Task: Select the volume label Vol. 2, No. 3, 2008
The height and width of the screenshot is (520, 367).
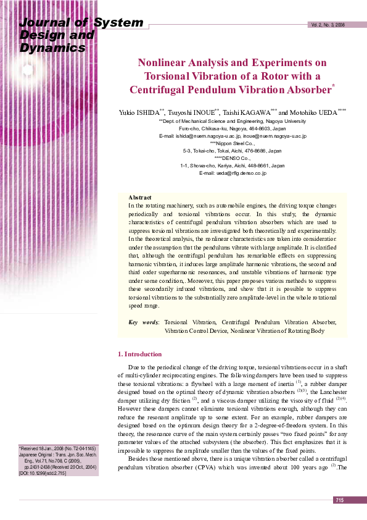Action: click(x=328, y=25)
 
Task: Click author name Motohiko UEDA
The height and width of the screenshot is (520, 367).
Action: click(x=313, y=113)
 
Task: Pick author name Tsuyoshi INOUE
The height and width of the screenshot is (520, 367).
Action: click(x=192, y=113)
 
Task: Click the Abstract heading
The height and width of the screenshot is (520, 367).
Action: click(x=139, y=197)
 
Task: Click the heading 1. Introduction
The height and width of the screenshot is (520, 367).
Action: click(x=139, y=354)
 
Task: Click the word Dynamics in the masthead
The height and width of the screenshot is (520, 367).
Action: click(x=44, y=48)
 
